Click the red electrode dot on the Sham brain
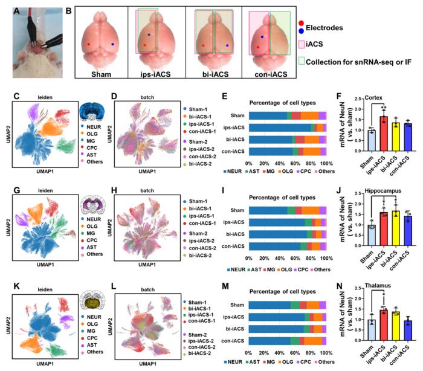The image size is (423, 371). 88,44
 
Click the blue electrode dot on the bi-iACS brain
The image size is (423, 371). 227,45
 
